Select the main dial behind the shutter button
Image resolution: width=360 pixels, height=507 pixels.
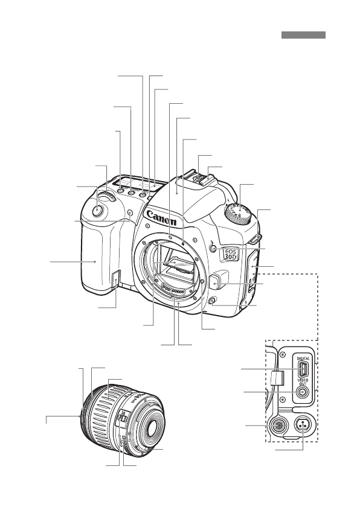108,197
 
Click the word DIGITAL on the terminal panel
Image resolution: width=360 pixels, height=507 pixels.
303,357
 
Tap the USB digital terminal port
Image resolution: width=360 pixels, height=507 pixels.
304,369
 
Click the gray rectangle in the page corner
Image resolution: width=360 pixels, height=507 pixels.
303,36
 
